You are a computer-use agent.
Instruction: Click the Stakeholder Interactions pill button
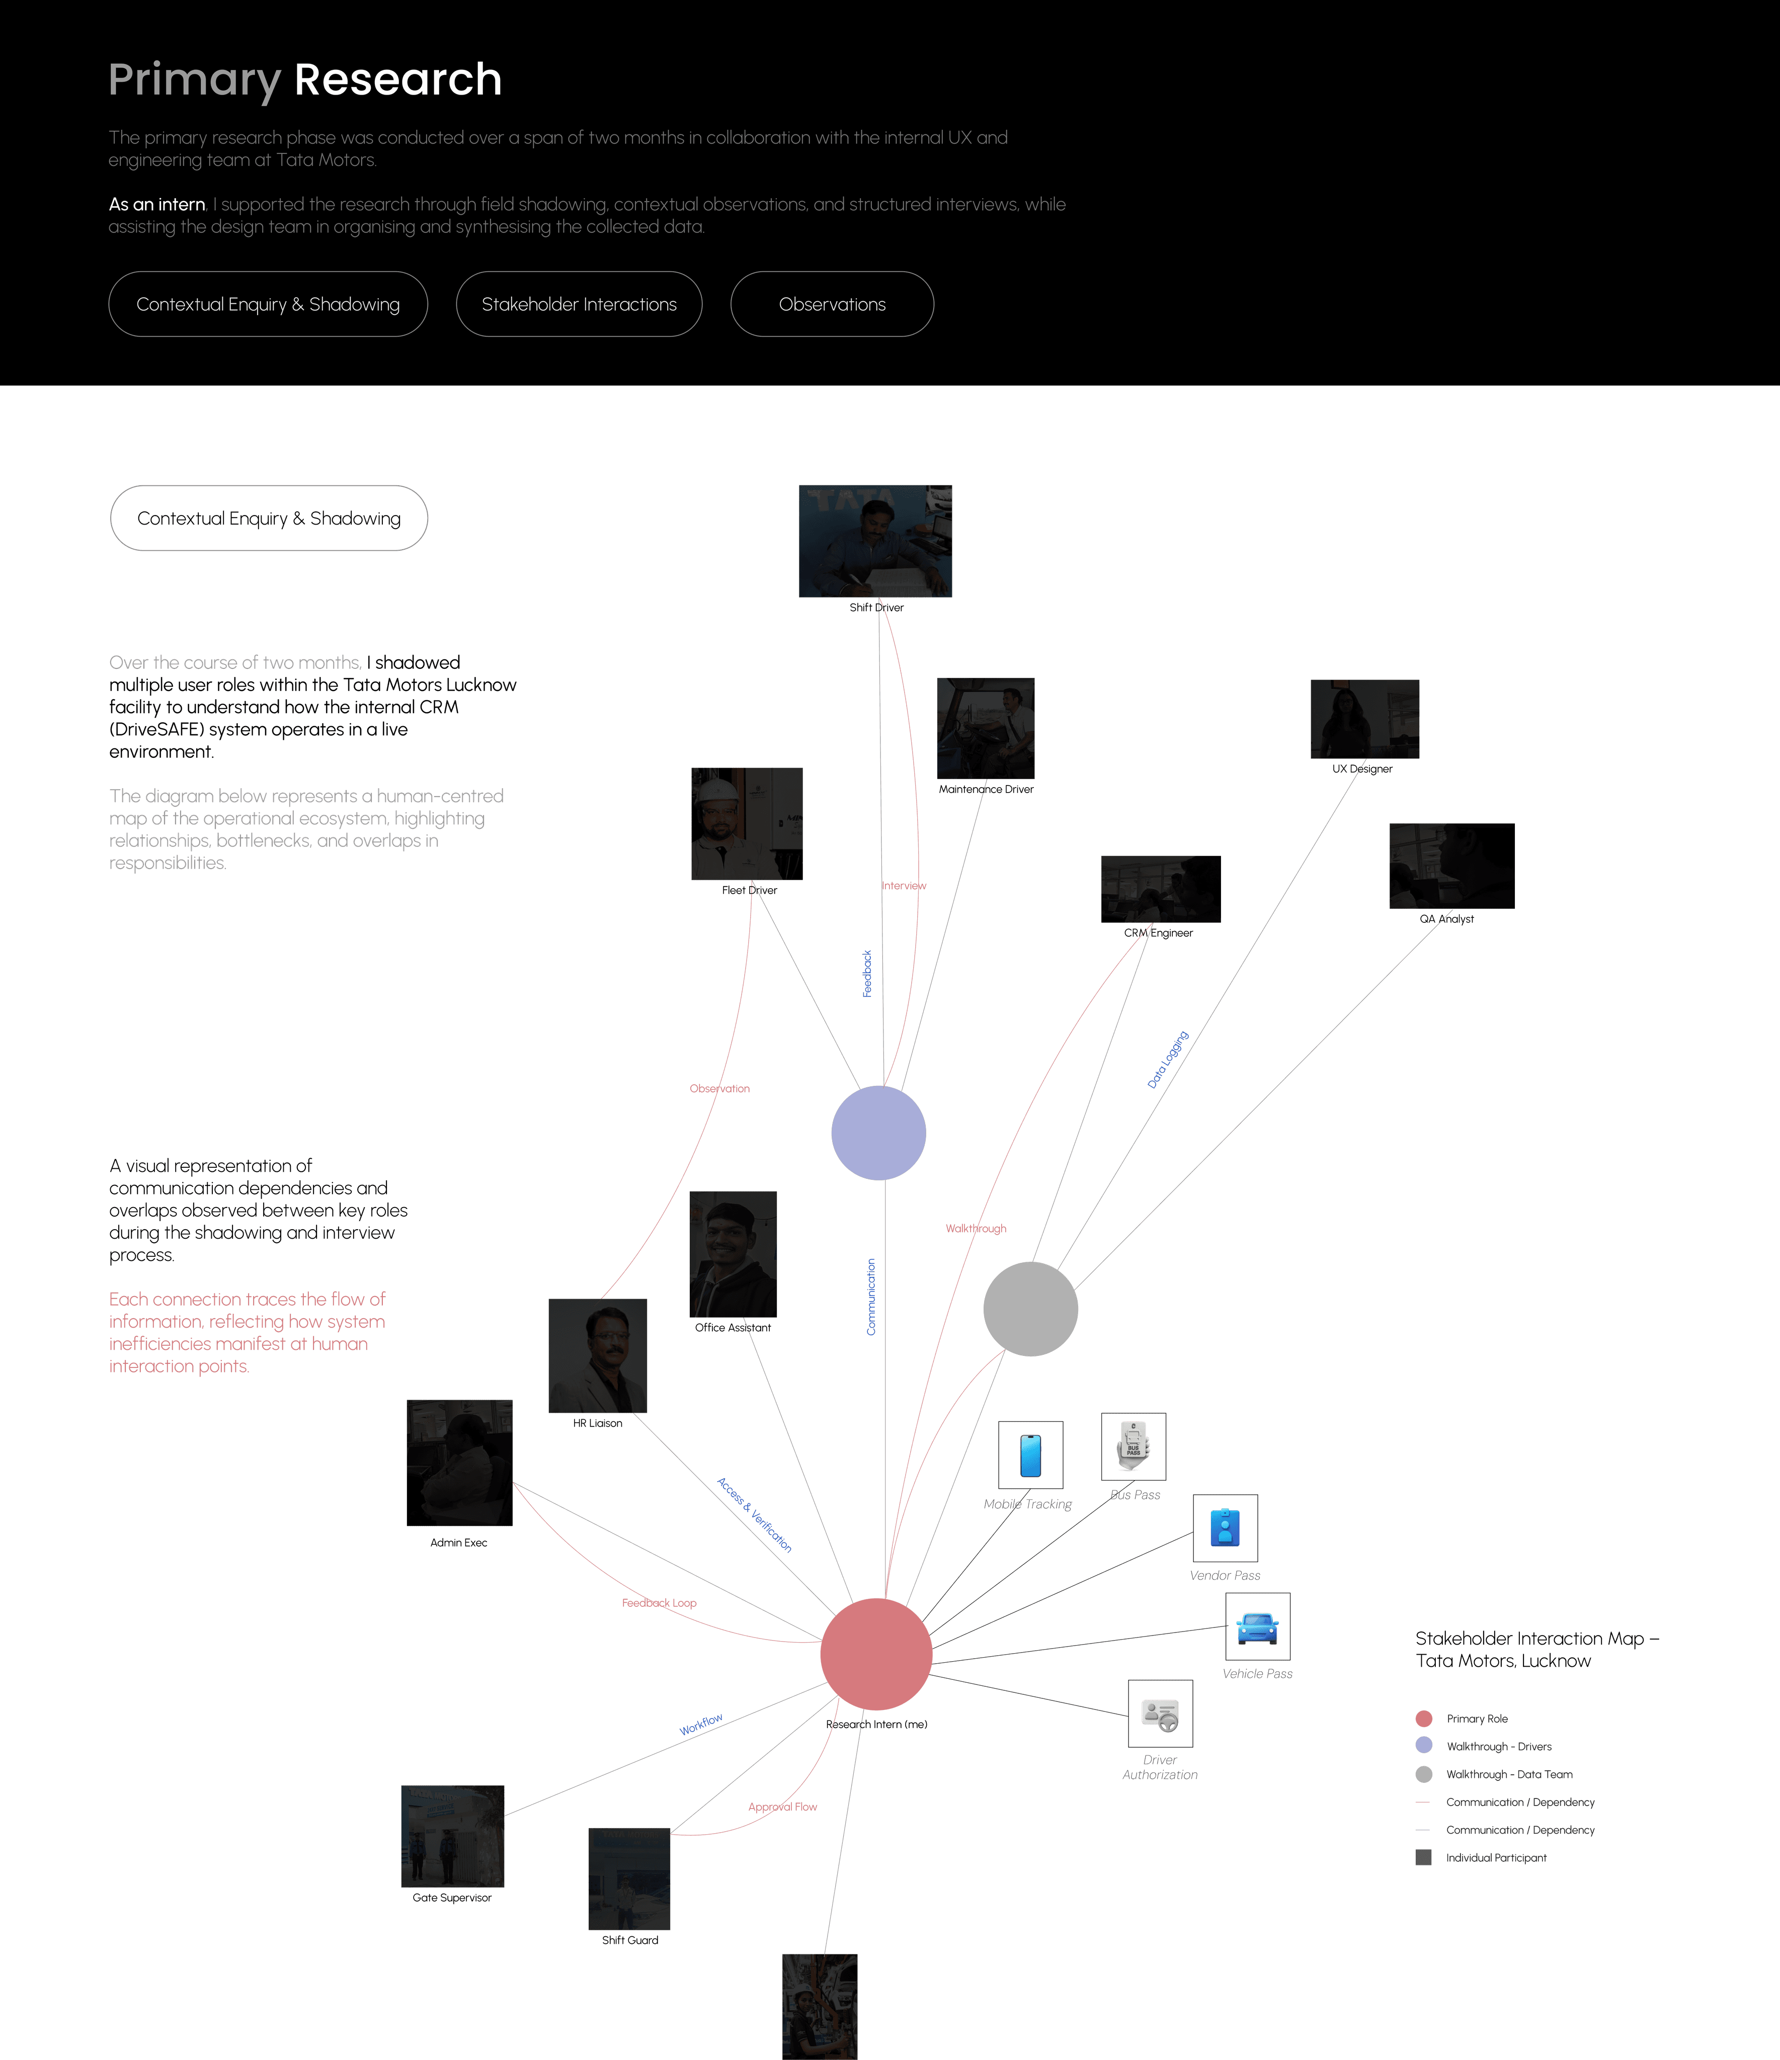[579, 304]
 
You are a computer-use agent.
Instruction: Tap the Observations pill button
[831, 304]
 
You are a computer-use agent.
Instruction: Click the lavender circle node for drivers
[878, 1133]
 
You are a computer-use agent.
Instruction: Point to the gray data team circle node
[1030, 1309]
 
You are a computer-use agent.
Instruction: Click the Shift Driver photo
[875, 541]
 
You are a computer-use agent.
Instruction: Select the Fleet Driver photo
[747, 823]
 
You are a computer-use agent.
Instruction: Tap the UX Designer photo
[1364, 719]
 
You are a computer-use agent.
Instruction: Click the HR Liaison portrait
[598, 1355]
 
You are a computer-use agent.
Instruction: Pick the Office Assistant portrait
[733, 1254]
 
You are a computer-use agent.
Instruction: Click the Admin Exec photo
[459, 1463]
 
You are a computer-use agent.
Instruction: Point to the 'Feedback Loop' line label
[659, 1603]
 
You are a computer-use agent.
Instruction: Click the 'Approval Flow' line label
[783, 1807]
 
